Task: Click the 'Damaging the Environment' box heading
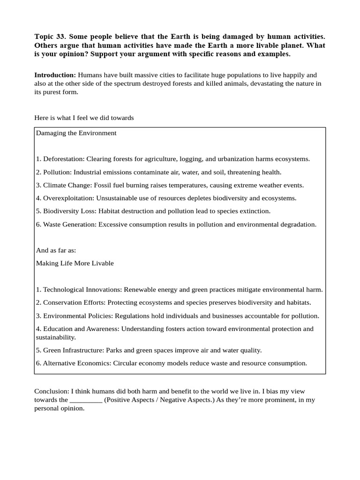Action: pos(76,133)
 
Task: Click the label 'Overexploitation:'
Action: pos(68,198)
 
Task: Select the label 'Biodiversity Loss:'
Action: pos(69,211)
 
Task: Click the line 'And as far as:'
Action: pos(56,250)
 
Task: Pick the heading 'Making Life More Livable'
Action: pos(75,263)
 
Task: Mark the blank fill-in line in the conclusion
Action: pos(86,400)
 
